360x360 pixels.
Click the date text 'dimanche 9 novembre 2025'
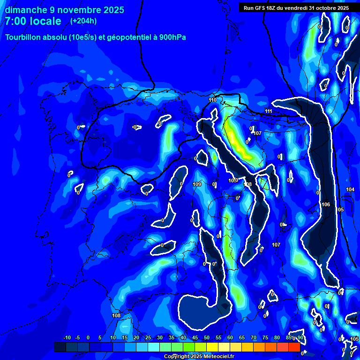pos(64,9)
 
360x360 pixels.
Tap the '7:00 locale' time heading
pos(33,21)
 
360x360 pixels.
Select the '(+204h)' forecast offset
pos(83,21)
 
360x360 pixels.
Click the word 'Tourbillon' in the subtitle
pos(23,37)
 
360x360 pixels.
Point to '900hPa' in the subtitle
pos(172,37)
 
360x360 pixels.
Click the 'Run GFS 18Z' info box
pos(296,7)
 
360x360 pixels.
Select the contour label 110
pos(212,100)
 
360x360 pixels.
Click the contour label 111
pos(268,111)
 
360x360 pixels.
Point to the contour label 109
pos(197,184)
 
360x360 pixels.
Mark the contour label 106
pos(326,204)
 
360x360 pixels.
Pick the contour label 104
pos(350,189)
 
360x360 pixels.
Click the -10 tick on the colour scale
pos(67,338)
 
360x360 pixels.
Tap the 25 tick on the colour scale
pos(148,338)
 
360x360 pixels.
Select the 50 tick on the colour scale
pos(207,338)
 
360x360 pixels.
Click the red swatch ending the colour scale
pos(294,347)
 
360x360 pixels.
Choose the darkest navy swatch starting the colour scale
pos(60,347)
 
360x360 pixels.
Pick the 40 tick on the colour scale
pos(183,338)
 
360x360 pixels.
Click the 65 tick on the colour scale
pos(242,338)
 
